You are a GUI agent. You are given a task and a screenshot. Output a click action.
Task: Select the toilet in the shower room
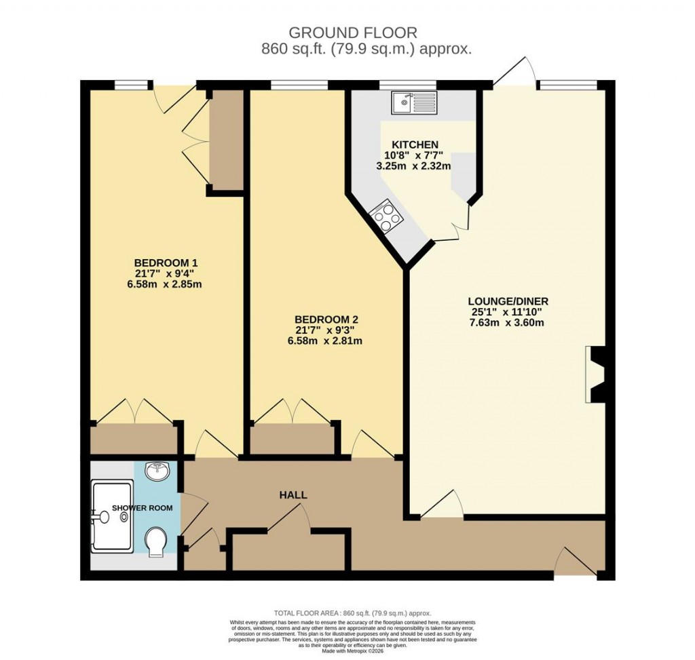click(157, 542)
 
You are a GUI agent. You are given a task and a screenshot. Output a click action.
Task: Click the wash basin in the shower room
click(159, 470)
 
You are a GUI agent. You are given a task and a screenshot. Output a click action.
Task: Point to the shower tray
click(113, 516)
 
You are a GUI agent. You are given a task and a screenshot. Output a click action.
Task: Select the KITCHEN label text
click(415, 144)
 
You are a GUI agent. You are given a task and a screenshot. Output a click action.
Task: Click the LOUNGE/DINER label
click(508, 301)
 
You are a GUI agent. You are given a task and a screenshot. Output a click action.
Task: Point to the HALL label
click(293, 495)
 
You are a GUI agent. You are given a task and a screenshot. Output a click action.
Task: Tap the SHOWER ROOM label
click(132, 507)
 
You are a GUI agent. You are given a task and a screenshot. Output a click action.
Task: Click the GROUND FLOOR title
click(353, 33)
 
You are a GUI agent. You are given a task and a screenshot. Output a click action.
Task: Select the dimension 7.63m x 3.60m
click(508, 322)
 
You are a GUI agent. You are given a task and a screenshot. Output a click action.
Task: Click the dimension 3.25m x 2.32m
click(415, 165)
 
